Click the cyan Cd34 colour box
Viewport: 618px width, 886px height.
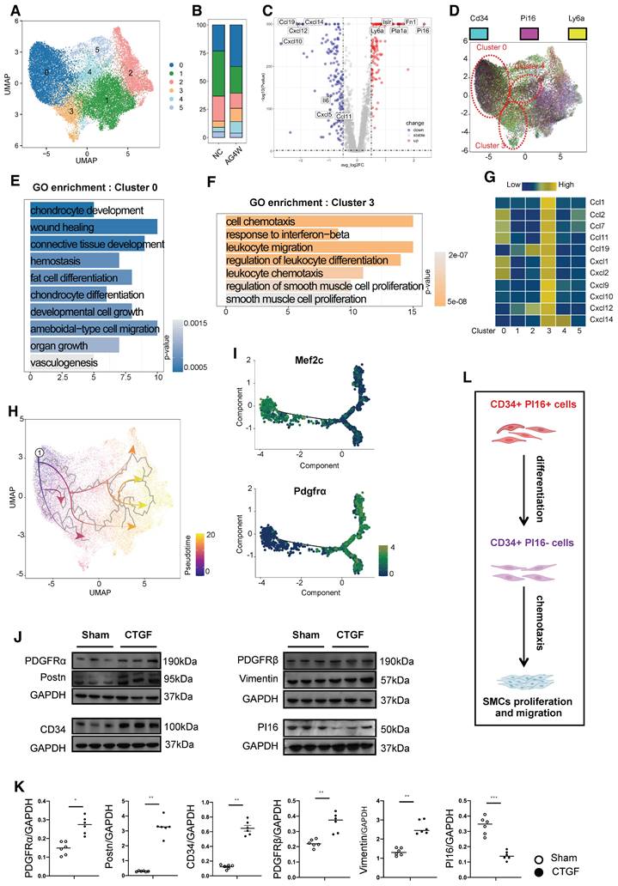480,33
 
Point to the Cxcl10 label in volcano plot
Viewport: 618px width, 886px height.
292,40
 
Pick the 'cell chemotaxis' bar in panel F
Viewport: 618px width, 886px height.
319,222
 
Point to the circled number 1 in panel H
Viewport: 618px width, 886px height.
39,452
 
